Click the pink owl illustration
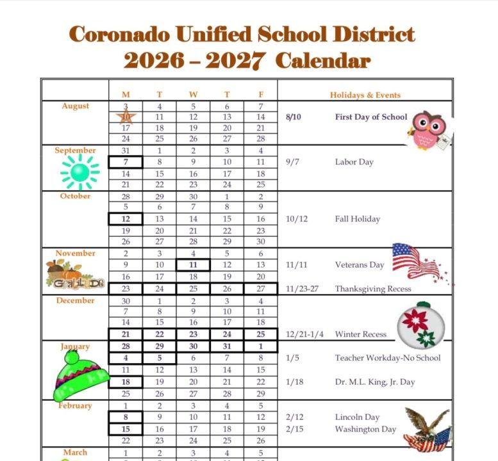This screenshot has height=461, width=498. coord(427,129)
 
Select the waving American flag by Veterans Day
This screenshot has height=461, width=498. coord(417,261)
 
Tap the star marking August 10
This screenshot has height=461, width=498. coord(126,117)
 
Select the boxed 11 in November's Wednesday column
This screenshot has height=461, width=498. coord(193,265)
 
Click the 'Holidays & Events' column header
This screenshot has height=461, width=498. coord(365,95)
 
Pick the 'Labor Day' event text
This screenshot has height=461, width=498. coord(354,162)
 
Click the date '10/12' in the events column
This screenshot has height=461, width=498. coord(297,219)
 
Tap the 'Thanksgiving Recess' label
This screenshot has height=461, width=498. coord(372,289)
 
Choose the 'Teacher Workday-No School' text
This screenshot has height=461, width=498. coord(387,358)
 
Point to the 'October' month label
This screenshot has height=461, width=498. coord(76,196)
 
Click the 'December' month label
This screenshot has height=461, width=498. coord(75,300)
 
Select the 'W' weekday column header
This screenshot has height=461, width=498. coord(193,95)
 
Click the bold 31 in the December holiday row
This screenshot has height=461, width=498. coord(227,346)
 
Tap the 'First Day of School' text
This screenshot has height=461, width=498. coord(370,117)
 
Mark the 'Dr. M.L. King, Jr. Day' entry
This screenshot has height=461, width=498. coord(374,382)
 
